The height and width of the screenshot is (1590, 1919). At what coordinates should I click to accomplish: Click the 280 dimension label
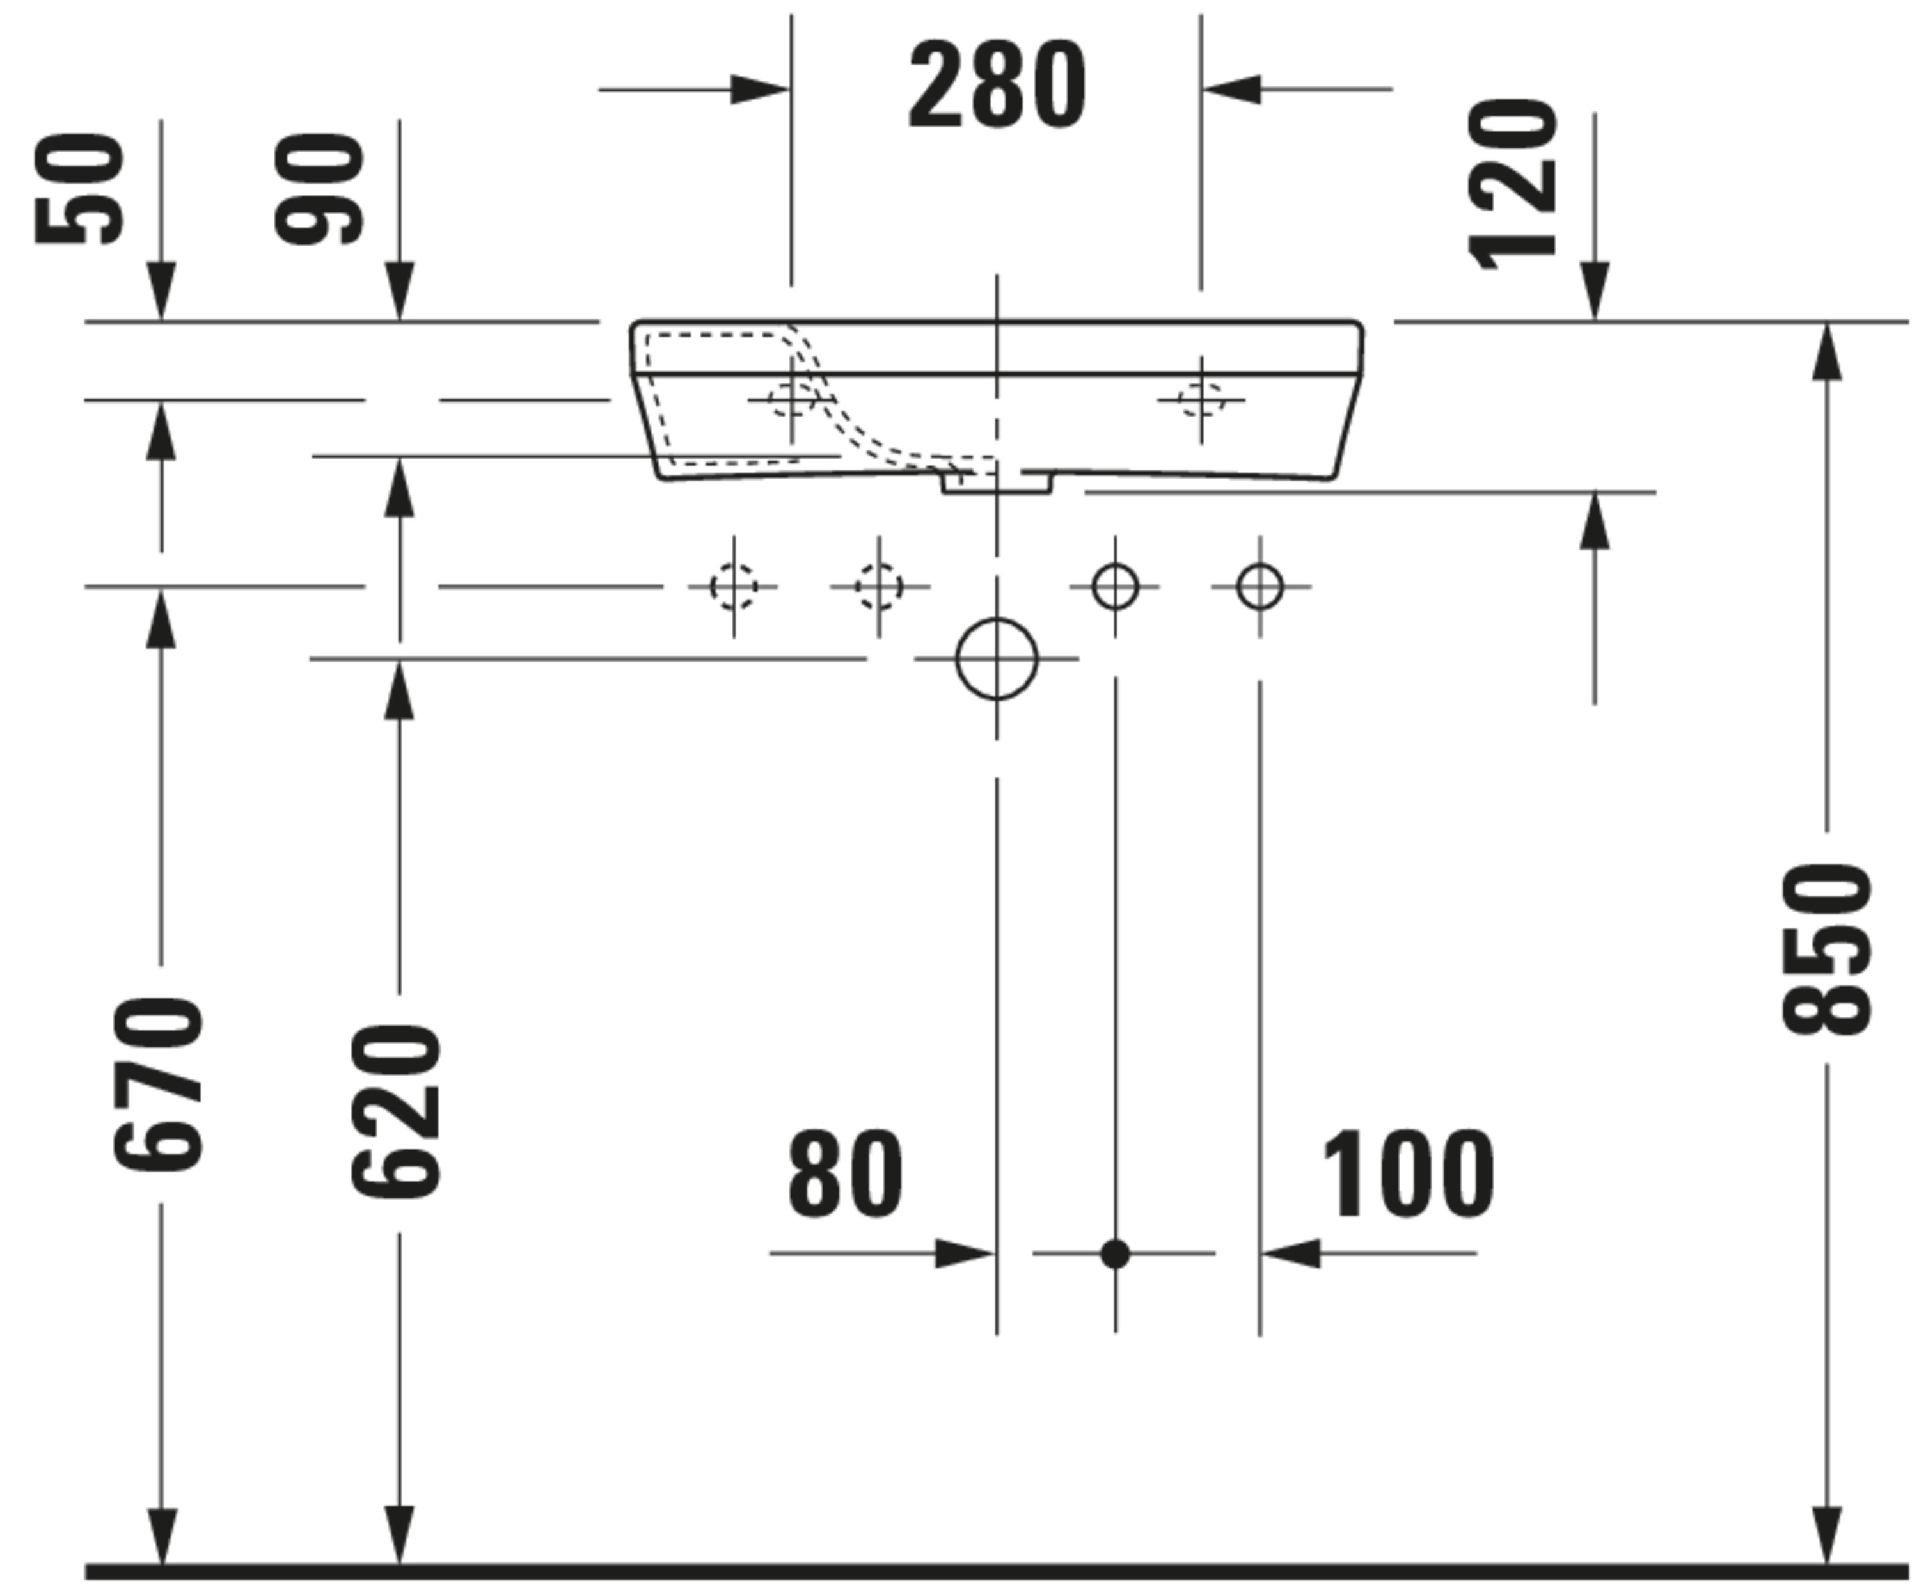point(997,84)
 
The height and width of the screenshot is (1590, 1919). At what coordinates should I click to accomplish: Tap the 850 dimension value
point(1828,950)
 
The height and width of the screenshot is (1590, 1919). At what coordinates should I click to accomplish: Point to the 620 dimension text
point(397,1111)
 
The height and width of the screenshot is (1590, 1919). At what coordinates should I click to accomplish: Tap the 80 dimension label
point(845,1173)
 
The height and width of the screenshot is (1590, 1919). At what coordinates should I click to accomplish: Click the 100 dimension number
point(1408,1173)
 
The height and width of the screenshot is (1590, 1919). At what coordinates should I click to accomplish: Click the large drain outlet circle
point(997,658)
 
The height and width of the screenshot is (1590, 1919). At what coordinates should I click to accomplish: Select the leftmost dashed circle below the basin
point(734,587)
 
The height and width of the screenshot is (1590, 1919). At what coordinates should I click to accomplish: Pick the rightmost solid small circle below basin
point(1260,587)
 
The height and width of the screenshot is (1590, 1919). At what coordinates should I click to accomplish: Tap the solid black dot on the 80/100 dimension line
point(1115,1253)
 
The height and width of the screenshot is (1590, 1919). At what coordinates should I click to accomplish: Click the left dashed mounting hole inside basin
point(791,399)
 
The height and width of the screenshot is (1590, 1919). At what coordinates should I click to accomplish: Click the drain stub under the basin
point(997,482)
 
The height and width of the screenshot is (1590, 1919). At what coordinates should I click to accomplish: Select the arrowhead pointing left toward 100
point(1290,1253)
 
